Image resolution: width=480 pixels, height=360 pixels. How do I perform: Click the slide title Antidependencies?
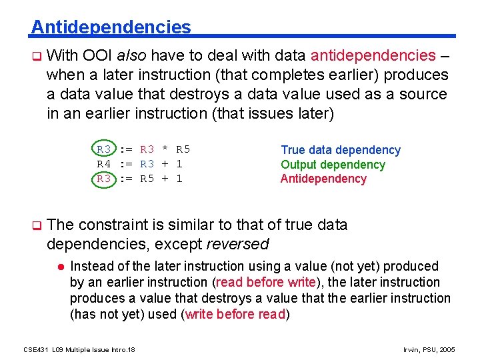coord(111,27)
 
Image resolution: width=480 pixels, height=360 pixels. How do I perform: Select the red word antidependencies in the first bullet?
coord(373,55)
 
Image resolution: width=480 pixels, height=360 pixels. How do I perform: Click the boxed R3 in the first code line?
coord(104,149)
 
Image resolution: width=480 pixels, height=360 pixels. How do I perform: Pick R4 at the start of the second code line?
coord(104,164)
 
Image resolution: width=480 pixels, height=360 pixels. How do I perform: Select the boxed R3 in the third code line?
coord(104,179)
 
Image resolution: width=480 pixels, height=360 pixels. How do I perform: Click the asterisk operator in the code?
coord(165,149)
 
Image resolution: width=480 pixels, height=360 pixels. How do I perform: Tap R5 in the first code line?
coord(183,149)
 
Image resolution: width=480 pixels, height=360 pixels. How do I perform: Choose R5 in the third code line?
coord(147,179)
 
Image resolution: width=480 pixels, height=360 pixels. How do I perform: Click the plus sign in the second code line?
coord(165,164)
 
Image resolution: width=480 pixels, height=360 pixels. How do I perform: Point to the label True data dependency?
coord(341,150)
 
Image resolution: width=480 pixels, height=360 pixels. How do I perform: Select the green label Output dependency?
coord(333,165)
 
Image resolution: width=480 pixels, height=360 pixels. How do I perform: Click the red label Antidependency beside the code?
coord(323,179)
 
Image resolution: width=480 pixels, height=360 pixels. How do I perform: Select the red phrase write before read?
coord(235,314)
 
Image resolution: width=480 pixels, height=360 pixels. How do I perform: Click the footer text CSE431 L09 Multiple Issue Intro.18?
coord(79,349)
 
